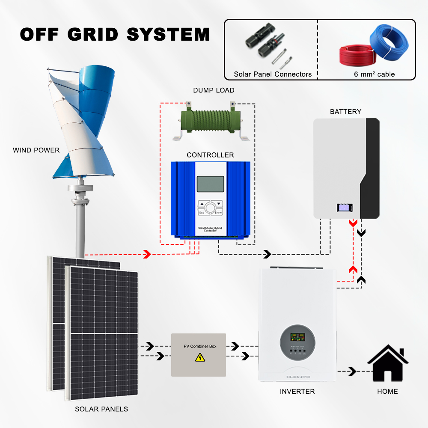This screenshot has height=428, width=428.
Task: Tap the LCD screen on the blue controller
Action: click(210, 184)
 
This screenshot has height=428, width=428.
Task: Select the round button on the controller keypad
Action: click(210, 208)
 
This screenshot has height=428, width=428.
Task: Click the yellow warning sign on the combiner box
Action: click(199, 357)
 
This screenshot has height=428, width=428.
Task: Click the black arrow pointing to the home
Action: click(352, 371)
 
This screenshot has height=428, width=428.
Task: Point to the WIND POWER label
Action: click(36, 150)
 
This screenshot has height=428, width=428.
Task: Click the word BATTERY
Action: click(345, 112)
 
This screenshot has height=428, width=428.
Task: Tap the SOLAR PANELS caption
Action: click(101, 409)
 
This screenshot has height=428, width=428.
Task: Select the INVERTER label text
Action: click(297, 392)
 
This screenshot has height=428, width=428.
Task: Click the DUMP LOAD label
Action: click(214, 90)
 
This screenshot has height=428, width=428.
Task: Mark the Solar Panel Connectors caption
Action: click(273, 74)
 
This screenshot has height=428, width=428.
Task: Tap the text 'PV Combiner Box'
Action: click(199, 346)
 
